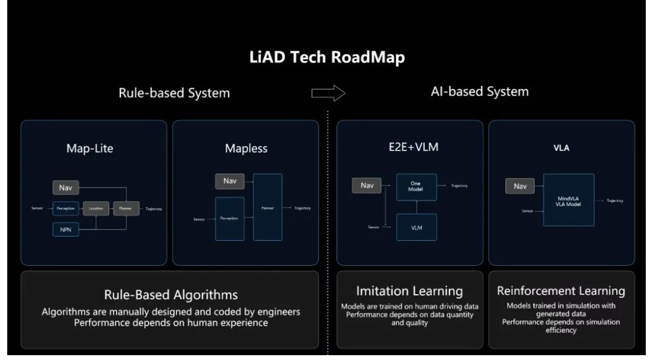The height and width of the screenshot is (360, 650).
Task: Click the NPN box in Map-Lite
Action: tap(66, 230)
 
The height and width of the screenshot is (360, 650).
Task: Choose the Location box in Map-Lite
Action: tap(96, 209)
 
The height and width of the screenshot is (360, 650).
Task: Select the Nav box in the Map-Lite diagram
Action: tap(66, 188)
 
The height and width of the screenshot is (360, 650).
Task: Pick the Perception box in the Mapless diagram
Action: tap(230, 218)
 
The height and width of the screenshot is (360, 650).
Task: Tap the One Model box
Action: tap(415, 186)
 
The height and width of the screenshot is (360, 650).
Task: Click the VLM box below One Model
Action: tap(415, 228)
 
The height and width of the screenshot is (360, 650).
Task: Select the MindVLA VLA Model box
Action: tap(568, 200)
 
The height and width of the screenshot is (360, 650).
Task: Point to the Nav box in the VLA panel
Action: tap(520, 187)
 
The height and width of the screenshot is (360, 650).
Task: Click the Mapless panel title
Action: tap(245, 148)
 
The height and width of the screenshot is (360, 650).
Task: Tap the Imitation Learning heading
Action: tap(410, 291)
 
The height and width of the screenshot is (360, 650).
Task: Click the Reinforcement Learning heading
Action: tap(561, 291)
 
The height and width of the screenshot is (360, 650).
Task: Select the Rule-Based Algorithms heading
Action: tap(170, 295)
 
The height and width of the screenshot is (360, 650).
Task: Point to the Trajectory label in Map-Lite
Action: tap(153, 209)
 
